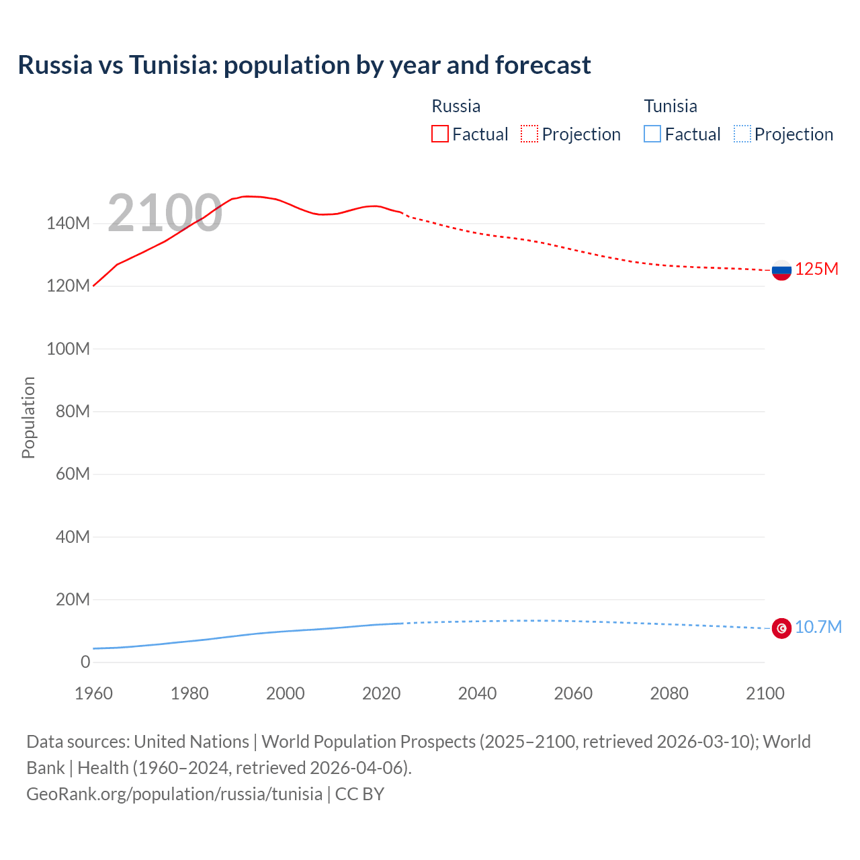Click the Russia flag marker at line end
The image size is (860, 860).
coord(781,270)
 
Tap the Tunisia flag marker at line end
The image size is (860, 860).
coord(781,628)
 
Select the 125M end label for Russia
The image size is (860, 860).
coord(816,269)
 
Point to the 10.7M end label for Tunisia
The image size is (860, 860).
coord(818,628)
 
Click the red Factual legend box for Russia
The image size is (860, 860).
coord(439,134)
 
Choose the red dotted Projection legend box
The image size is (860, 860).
coord(529,134)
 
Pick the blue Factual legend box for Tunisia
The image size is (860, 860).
coord(652,134)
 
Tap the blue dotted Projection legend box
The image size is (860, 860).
coord(742,134)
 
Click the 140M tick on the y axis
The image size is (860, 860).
coord(68,224)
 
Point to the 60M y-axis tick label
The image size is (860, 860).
coord(73,474)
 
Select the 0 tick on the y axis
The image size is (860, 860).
coord(85,662)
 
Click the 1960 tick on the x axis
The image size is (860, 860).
coord(93,693)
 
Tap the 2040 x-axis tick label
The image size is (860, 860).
coord(477,693)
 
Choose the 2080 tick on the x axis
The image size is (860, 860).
coord(669,693)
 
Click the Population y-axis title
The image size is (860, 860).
coord(28,417)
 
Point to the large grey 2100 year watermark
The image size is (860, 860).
coord(165,213)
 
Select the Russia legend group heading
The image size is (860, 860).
coord(456,106)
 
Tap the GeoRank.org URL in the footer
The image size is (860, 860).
coord(174,794)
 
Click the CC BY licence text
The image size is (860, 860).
coord(359,794)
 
